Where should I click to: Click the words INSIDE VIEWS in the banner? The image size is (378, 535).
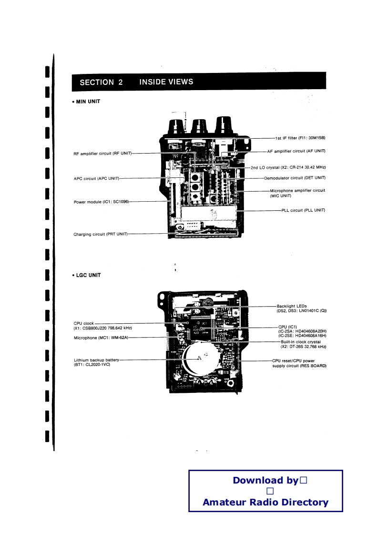pyautogui.click(x=166, y=82)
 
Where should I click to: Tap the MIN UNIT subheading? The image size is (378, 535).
pyautogui.click(x=88, y=102)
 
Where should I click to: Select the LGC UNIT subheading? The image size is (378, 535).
pyautogui.click(x=88, y=275)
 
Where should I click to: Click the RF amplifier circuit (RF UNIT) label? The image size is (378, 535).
pyautogui.click(x=102, y=154)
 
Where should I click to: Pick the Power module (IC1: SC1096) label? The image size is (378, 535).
pyautogui.click(x=101, y=202)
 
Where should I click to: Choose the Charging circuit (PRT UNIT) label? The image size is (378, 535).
pyautogui.click(x=101, y=234)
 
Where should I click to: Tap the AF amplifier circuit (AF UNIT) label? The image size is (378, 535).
pyautogui.click(x=296, y=151)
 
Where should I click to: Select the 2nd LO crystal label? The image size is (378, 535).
pyautogui.click(x=288, y=168)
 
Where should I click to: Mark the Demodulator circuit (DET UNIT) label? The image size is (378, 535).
pyautogui.click(x=295, y=178)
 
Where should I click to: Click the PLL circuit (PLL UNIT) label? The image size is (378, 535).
pyautogui.click(x=303, y=210)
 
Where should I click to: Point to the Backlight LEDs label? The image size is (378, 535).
pyautogui.click(x=292, y=306)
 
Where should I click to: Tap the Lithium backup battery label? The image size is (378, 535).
pyautogui.click(x=96, y=360)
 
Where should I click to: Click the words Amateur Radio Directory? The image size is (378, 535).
pyautogui.click(x=266, y=502)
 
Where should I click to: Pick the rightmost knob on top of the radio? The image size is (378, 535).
pyautogui.click(x=223, y=125)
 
